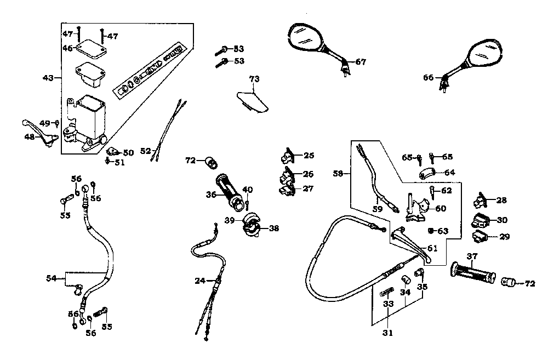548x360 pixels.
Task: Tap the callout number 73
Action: (x=254, y=79)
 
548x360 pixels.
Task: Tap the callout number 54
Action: (x=51, y=279)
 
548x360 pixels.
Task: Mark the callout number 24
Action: (x=200, y=281)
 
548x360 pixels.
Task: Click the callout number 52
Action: (x=145, y=151)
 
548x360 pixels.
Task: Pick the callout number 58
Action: (x=338, y=174)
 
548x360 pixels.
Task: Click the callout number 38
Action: (x=273, y=228)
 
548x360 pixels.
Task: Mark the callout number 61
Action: (x=433, y=248)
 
